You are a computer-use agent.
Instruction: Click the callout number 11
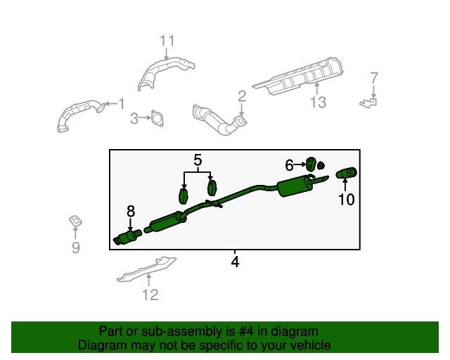click(x=166, y=40)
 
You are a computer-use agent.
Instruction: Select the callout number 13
click(x=318, y=103)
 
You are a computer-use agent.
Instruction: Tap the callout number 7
click(x=374, y=78)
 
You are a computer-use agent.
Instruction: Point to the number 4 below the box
click(x=235, y=262)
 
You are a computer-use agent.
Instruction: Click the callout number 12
click(x=150, y=295)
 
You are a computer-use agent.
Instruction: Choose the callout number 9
click(x=76, y=247)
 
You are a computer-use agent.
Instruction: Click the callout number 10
click(x=346, y=200)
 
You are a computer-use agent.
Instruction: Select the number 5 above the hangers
click(x=198, y=161)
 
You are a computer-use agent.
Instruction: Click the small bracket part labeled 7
click(x=368, y=103)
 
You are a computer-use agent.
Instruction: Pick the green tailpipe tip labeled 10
click(x=347, y=174)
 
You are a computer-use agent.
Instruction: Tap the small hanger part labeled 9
click(x=74, y=222)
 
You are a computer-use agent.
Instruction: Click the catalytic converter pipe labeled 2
click(x=218, y=120)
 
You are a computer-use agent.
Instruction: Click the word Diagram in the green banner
click(x=99, y=345)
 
